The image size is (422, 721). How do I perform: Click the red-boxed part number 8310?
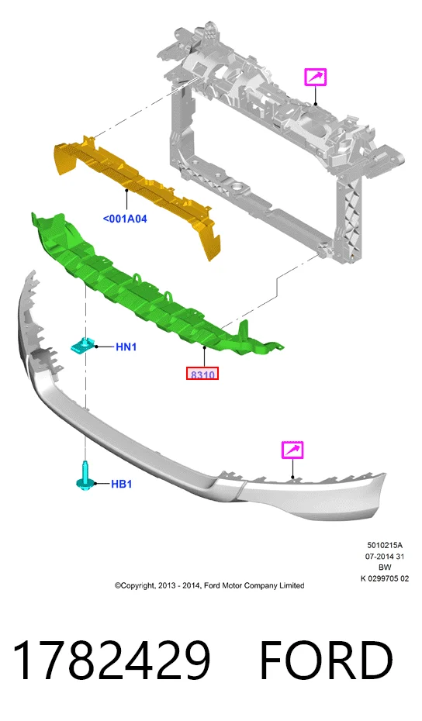tap(202, 374)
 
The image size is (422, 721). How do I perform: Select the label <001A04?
tap(125, 219)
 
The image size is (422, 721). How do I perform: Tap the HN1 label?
tap(126, 347)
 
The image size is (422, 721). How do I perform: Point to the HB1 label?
tap(122, 484)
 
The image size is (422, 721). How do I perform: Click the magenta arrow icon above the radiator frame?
tap(315, 77)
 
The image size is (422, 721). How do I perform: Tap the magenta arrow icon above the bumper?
tap(292, 449)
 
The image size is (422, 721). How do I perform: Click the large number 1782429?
tap(112, 661)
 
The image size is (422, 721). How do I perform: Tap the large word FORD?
tap(327, 661)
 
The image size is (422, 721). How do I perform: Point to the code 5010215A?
tap(385, 545)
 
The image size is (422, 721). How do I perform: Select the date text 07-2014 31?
tap(385, 557)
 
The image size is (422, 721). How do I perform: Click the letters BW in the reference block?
tap(385, 567)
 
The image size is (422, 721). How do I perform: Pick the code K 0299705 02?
tap(385, 578)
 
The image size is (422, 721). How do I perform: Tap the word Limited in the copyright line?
tap(292, 585)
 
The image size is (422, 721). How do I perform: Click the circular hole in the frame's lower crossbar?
tap(238, 187)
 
